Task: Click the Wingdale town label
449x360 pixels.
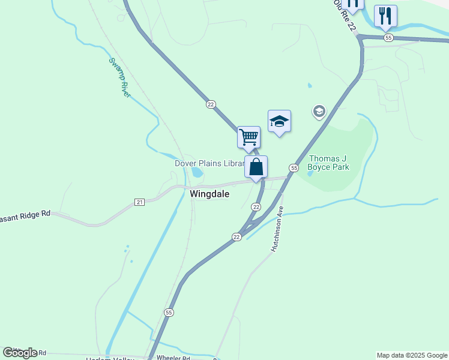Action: (x=209, y=194)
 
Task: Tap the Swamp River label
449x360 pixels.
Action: (x=119, y=77)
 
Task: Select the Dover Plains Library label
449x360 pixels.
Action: (x=209, y=163)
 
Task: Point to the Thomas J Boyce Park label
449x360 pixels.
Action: (x=328, y=163)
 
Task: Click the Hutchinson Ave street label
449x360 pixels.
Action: (x=277, y=229)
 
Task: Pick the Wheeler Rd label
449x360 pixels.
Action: (x=173, y=358)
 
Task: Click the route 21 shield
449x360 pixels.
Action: (x=140, y=202)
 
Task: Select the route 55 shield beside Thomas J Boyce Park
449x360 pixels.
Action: (x=294, y=168)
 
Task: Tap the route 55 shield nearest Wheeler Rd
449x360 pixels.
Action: (x=169, y=313)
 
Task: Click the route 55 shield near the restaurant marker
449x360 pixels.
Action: (x=388, y=37)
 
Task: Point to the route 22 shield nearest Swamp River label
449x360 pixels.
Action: (x=211, y=104)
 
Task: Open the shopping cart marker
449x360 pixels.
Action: (x=249, y=137)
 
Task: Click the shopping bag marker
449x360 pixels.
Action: (x=256, y=167)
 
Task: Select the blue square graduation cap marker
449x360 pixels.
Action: (x=279, y=121)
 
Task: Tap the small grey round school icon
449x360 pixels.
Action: (x=319, y=111)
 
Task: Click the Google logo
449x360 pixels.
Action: (x=20, y=353)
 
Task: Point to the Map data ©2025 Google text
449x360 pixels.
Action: (x=412, y=355)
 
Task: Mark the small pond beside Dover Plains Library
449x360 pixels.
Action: (x=197, y=173)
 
